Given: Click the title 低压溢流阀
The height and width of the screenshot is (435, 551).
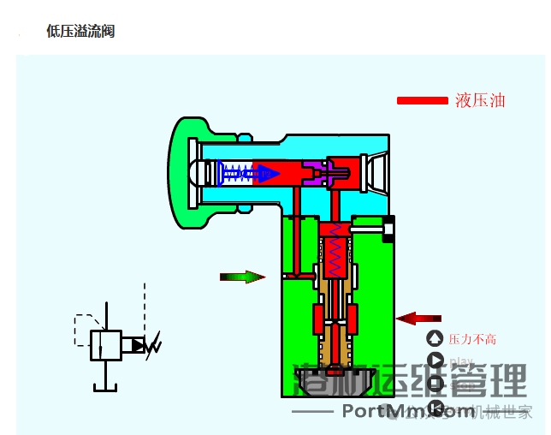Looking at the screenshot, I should point(80,32).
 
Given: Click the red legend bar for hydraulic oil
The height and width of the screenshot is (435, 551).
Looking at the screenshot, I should point(422,101).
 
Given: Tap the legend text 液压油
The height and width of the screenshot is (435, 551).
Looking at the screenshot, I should point(480,101).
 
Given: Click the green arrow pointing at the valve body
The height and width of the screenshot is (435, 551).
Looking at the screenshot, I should point(242,277).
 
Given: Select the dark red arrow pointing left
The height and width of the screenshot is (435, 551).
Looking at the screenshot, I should point(418,319).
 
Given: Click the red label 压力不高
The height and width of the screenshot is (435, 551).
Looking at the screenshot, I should point(472,339).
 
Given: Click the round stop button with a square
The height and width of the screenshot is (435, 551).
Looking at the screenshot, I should point(435,384).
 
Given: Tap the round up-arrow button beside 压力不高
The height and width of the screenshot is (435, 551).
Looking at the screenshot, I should point(435,339).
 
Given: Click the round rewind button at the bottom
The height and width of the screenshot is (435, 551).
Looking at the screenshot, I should point(435,407).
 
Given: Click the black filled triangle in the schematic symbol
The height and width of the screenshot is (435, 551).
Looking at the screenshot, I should point(137,345).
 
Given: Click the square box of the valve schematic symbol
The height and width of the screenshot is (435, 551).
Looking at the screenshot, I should point(105,345).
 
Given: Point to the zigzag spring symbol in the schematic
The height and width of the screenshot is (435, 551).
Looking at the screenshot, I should point(155,346).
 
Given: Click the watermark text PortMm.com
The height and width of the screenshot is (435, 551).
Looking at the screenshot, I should point(408,411).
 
